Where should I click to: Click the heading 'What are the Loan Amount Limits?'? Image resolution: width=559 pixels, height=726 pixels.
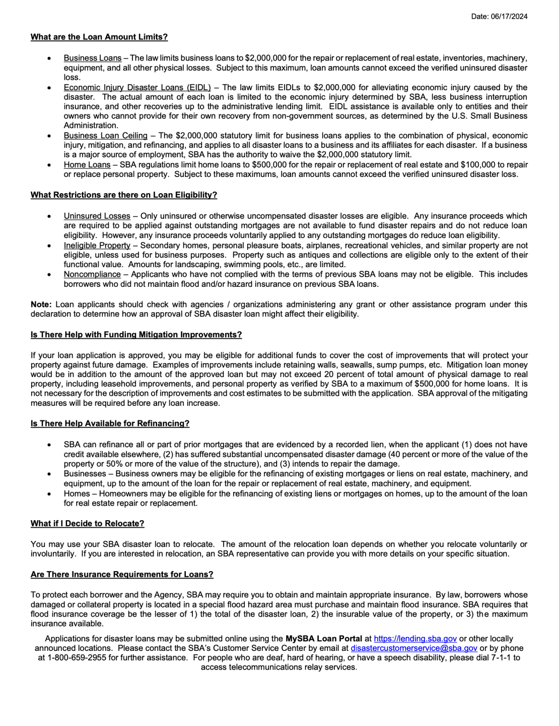coord(99,37)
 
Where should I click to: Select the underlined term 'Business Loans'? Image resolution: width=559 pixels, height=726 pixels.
coord(93,58)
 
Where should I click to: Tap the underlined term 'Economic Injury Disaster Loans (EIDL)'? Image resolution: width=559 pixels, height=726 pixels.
coord(137,87)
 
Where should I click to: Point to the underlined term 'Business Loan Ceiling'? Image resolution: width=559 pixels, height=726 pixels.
coord(105,136)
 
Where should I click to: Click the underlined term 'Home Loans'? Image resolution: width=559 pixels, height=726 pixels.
coord(87,165)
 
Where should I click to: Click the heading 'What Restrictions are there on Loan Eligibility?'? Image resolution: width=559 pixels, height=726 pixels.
coord(123,195)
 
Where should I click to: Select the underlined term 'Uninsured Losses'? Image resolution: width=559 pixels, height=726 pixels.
coord(97,216)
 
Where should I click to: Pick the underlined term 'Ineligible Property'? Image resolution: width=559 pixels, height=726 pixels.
coord(97,245)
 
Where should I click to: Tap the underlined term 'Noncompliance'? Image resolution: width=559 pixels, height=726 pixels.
coord(92,274)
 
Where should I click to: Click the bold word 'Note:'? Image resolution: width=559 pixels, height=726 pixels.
coord(41,305)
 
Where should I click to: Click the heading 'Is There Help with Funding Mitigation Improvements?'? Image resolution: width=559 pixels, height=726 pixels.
coord(136,335)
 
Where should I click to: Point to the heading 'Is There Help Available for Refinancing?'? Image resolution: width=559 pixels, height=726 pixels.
coord(110,423)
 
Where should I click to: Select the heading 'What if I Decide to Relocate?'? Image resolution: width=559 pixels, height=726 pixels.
coord(87,523)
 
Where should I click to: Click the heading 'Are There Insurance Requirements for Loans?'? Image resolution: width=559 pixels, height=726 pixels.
coord(122,574)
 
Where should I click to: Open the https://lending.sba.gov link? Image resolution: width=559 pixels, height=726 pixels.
coord(415,639)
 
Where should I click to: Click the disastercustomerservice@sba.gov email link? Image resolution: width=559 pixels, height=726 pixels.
coord(413,648)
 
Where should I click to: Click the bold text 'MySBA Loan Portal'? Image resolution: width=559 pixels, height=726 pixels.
coord(323,639)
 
